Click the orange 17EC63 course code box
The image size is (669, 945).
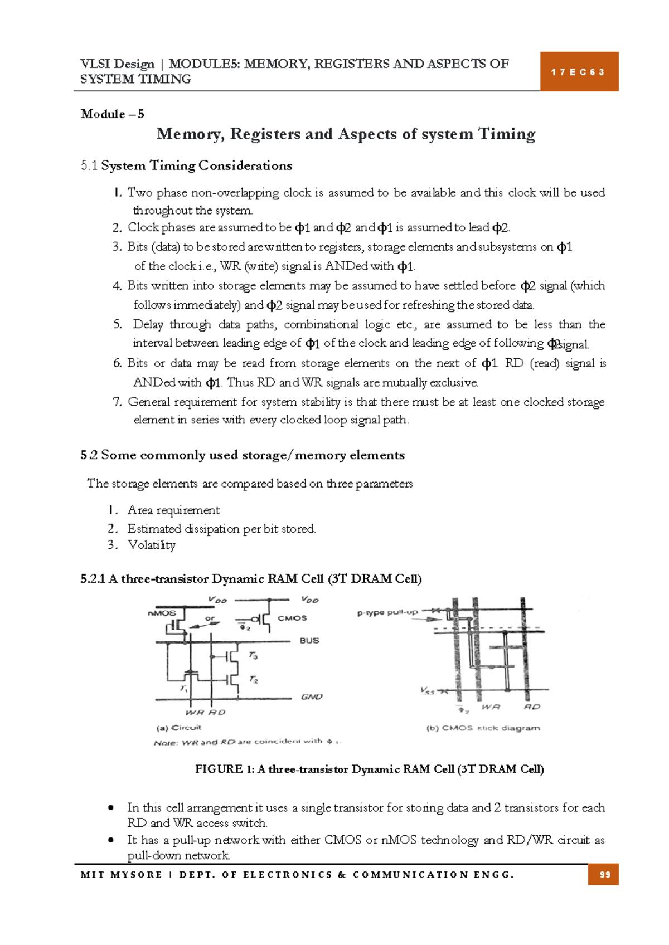579,72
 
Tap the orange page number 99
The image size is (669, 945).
604,875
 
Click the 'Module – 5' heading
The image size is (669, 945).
112,114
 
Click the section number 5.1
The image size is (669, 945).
89,165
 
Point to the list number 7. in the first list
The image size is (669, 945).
117,402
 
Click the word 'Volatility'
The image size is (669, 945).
151,545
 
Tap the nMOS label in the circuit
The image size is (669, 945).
162,613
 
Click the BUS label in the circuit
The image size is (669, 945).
309,641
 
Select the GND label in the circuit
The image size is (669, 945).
312,697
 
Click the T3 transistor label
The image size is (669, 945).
253,656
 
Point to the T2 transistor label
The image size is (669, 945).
253,679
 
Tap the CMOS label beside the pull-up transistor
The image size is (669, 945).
292,618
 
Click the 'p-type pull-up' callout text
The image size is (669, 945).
387,612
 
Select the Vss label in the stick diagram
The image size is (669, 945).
427,691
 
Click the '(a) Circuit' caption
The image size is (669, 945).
178,728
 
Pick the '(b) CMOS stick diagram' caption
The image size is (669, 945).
483,728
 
